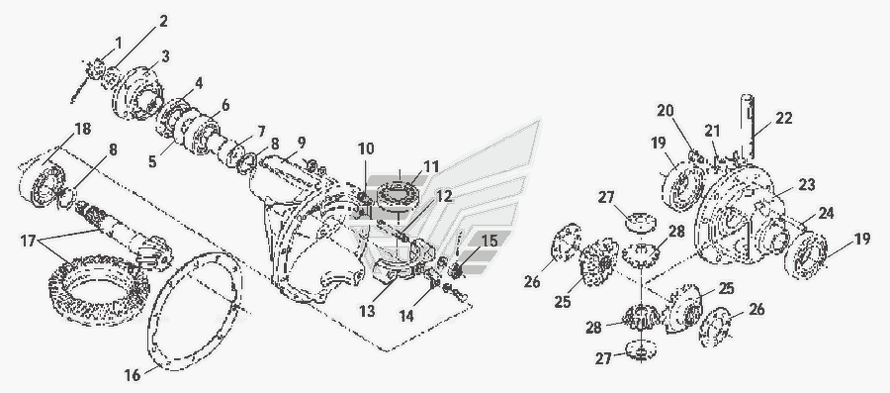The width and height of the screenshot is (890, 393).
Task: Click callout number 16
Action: (133, 375)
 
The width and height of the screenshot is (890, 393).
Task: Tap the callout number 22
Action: (783, 119)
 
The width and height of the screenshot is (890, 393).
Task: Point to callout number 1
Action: (118, 43)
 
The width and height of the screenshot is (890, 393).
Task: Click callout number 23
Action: (806, 185)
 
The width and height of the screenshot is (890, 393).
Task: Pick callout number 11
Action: (431, 166)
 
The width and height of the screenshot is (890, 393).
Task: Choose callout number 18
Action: (82, 129)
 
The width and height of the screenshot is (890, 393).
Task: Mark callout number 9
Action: (301, 142)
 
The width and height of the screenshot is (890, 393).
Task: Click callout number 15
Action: (489, 241)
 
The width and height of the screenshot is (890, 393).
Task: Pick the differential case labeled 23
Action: (738, 215)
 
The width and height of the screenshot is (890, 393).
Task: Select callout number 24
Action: (826, 214)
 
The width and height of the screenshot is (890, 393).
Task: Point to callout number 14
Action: (420, 315)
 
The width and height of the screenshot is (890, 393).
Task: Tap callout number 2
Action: (163, 22)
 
